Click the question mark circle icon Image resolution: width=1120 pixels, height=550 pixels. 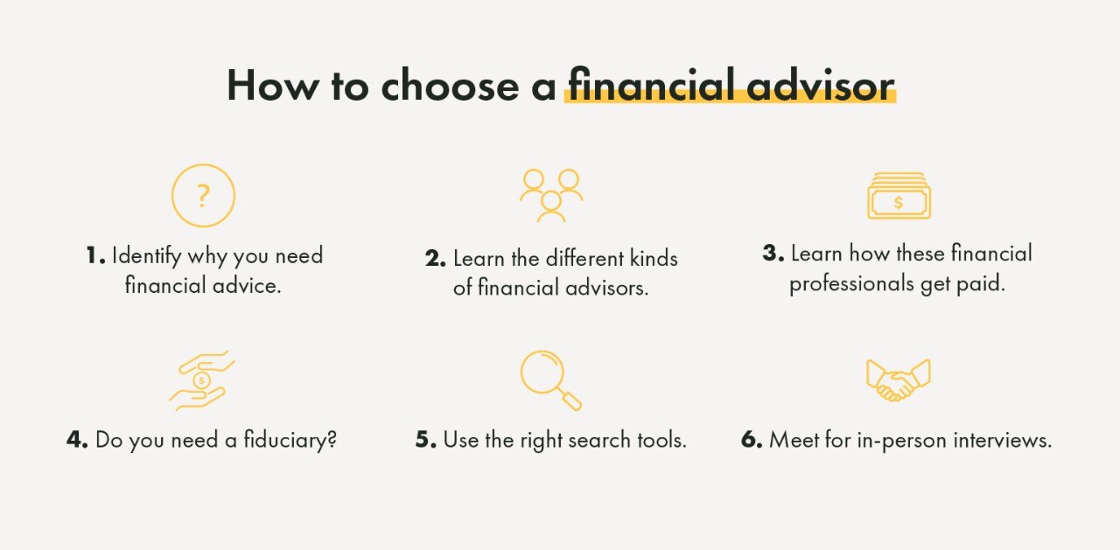[x=203, y=195]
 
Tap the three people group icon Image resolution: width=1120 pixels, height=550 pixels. [x=551, y=194]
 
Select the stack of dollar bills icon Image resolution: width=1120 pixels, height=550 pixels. [x=899, y=196]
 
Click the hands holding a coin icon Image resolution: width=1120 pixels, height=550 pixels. [x=202, y=380]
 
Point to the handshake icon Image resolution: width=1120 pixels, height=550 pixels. [x=898, y=379]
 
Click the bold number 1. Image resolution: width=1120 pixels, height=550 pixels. [x=94, y=256]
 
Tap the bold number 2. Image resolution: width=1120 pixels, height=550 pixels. [x=435, y=259]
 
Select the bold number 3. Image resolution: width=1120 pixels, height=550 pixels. [x=773, y=254]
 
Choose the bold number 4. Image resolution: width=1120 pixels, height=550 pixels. [x=77, y=440]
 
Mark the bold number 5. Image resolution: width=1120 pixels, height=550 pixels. [x=425, y=440]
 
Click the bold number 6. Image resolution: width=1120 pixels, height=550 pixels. [x=751, y=440]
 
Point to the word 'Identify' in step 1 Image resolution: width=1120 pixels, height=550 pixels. [x=147, y=256]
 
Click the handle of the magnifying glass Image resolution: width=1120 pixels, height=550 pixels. [x=570, y=400]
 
